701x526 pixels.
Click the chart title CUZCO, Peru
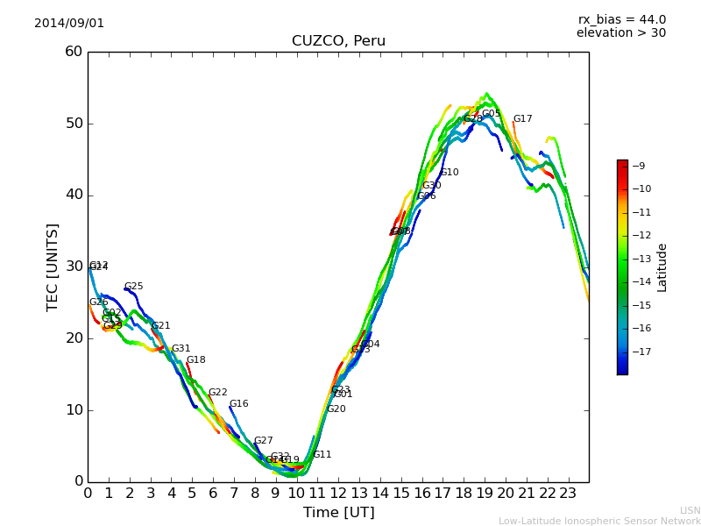(x=338, y=41)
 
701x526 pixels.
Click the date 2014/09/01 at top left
(x=69, y=24)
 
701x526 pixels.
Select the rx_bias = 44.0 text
(x=621, y=20)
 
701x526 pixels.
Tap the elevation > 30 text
(x=620, y=33)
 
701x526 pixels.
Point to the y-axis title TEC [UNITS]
(x=53, y=267)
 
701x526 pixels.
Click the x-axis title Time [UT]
(x=338, y=512)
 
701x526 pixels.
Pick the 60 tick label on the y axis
(x=74, y=52)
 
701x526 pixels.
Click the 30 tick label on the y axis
(x=74, y=267)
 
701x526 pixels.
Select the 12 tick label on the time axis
(x=338, y=494)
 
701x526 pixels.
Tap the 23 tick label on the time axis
(x=568, y=494)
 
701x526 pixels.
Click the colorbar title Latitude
(x=662, y=267)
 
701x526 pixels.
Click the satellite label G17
(x=522, y=119)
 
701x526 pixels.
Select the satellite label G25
(x=133, y=287)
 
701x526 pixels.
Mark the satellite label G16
(x=238, y=404)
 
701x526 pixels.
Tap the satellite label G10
(x=449, y=173)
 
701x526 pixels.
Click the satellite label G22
(x=217, y=393)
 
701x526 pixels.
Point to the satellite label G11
(x=322, y=455)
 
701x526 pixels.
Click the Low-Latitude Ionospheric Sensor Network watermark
(x=599, y=521)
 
